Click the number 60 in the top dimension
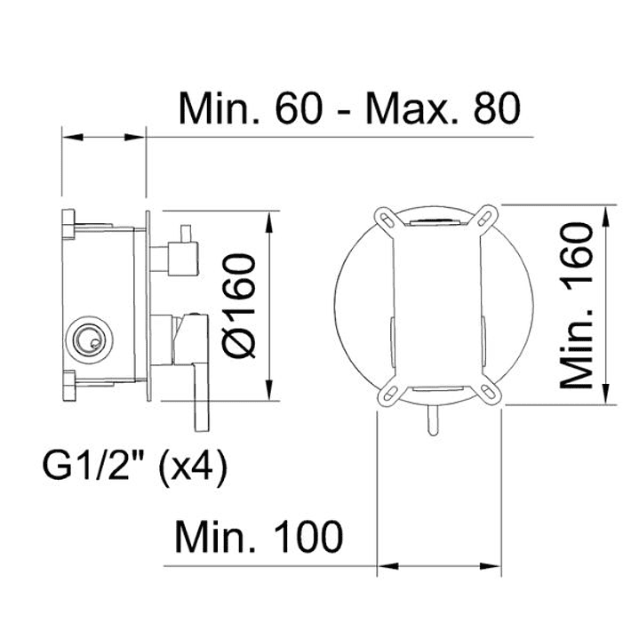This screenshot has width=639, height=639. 300,108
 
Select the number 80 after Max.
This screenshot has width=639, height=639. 497,108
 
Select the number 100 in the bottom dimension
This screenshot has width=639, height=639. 308,537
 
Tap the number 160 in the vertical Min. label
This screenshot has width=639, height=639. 576,252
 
